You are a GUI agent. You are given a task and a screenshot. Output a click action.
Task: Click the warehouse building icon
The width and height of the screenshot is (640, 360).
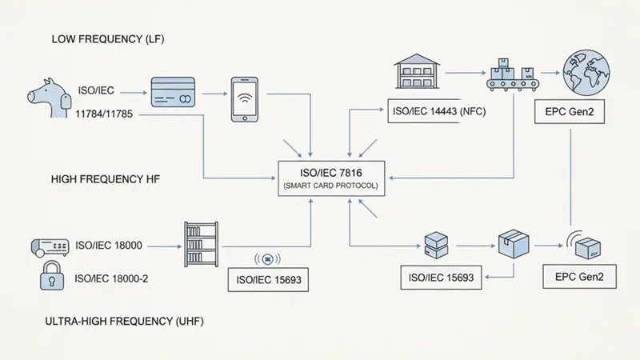[418, 72]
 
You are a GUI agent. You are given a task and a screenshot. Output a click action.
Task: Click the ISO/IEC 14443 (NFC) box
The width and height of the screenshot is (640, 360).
[434, 113]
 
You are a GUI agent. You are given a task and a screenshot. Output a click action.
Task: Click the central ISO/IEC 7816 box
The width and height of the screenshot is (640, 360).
[331, 177]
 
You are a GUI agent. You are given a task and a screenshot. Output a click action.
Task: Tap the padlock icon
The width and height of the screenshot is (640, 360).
[51, 278]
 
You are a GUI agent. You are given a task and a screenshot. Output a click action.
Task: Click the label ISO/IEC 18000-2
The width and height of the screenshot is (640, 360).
[112, 278]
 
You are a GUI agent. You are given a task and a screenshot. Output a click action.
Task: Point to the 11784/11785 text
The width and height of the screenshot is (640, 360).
[104, 115]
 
